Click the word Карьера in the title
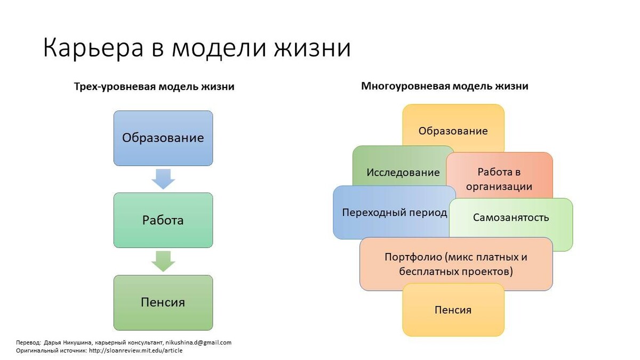point(93,48)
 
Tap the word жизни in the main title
point(313,48)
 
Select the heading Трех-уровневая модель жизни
point(154,86)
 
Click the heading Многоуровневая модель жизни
point(445,86)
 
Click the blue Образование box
point(163,138)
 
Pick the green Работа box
point(163,220)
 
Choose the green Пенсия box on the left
point(163,302)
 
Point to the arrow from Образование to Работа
point(163,179)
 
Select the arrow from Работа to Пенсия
point(163,261)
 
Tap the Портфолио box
point(456,264)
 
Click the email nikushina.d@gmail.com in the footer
point(198,342)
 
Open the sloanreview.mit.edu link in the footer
point(135,350)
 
